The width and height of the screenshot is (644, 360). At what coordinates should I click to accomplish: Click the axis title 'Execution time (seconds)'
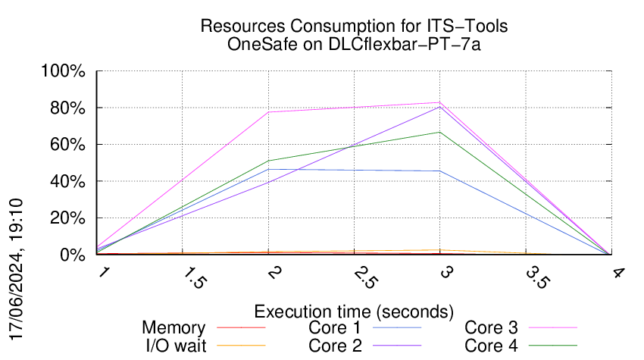[x=354, y=311]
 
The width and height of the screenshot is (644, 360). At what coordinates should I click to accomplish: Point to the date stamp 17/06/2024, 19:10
[x=20, y=270]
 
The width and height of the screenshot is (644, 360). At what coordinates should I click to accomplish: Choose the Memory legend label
[x=174, y=328]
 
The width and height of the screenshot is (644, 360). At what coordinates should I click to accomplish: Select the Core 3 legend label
[x=491, y=328]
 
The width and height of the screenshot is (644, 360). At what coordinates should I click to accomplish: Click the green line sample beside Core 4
[x=552, y=346]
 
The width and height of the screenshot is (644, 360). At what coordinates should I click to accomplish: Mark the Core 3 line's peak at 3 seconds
[x=440, y=102]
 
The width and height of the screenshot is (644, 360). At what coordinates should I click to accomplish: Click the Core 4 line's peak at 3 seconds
[x=440, y=132]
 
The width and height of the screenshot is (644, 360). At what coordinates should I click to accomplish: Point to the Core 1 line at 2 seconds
[x=268, y=169]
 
